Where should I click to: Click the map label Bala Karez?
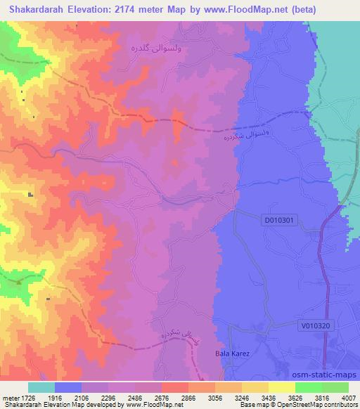pyautogui.click(x=229, y=353)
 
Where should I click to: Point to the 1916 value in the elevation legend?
pyautogui.click(x=56, y=397)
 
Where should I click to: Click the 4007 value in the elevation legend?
pyautogui.click(x=348, y=397)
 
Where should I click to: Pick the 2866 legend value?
pyautogui.click(x=188, y=397)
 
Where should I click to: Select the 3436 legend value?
pyautogui.click(x=268, y=397)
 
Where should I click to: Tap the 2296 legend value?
pyautogui.click(x=109, y=397)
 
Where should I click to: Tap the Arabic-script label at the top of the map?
pyautogui.click(x=153, y=48)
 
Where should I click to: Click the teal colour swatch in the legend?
pyautogui.click(x=41, y=387)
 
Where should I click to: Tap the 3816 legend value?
pyautogui.click(x=321, y=397)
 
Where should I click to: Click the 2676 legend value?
pyautogui.click(x=162, y=397)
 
